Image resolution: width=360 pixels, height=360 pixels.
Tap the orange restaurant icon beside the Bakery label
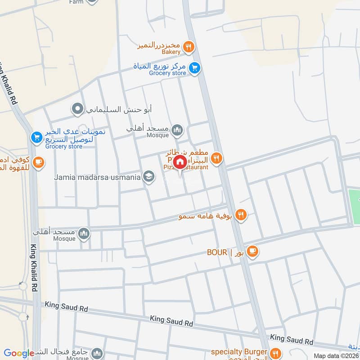point(189,46)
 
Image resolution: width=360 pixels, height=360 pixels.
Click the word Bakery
point(171,52)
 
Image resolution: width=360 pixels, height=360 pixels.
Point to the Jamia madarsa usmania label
point(98,177)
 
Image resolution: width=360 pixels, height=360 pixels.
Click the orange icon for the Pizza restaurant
point(217,157)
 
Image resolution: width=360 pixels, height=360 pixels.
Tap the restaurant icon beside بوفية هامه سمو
point(241,215)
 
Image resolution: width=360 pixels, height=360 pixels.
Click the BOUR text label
point(217,252)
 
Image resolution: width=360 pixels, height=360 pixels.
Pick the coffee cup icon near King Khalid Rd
point(39,162)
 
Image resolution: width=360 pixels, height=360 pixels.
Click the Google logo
point(19,353)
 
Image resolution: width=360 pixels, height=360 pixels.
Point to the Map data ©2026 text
point(335,355)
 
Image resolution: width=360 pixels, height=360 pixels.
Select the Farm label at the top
point(76,2)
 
